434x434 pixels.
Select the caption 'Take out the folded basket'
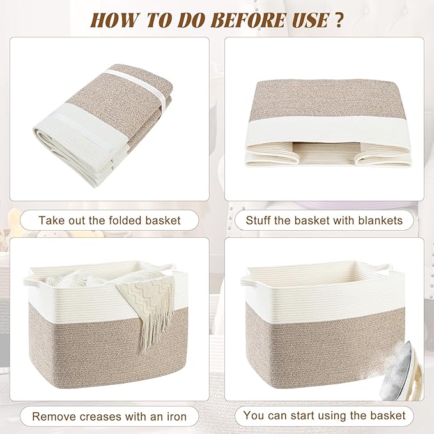[109, 221]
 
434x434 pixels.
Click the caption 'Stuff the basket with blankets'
[325, 221]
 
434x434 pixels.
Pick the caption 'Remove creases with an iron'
[109, 417]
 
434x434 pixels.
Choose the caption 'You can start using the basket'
[325, 415]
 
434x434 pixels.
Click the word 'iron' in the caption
[174, 417]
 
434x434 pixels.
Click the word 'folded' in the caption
[120, 221]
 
